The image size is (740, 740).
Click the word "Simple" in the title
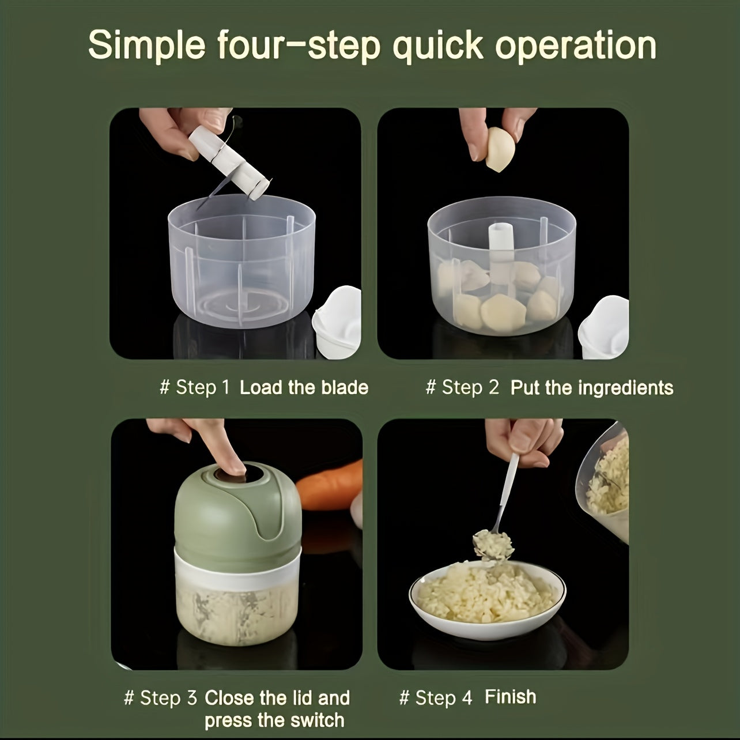click(147, 46)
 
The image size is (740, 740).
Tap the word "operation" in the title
click(576, 46)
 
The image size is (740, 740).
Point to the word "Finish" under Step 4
click(511, 696)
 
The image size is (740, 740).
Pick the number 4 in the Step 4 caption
click(467, 697)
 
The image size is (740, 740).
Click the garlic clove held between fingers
click(500, 149)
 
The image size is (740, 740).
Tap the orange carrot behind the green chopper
click(330, 485)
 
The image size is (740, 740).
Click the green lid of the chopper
click(237, 511)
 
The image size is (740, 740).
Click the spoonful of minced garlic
click(493, 544)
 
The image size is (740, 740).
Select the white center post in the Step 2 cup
click(501, 254)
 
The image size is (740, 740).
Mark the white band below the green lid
click(237, 567)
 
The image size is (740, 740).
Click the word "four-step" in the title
click(299, 46)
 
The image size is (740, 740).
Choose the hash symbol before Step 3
click(129, 697)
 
